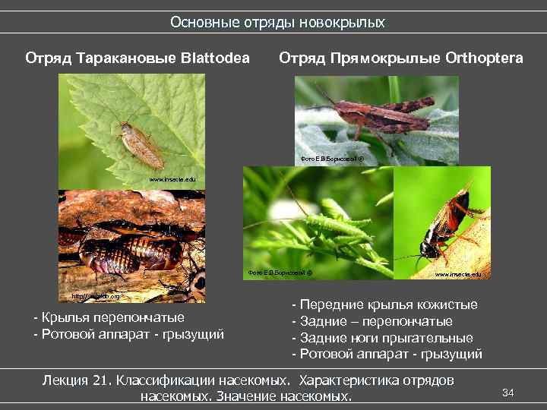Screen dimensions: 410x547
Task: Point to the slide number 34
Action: tap(509, 392)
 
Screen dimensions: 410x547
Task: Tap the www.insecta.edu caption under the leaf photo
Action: tap(172, 179)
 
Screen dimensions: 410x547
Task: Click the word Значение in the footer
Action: tap(248, 396)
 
